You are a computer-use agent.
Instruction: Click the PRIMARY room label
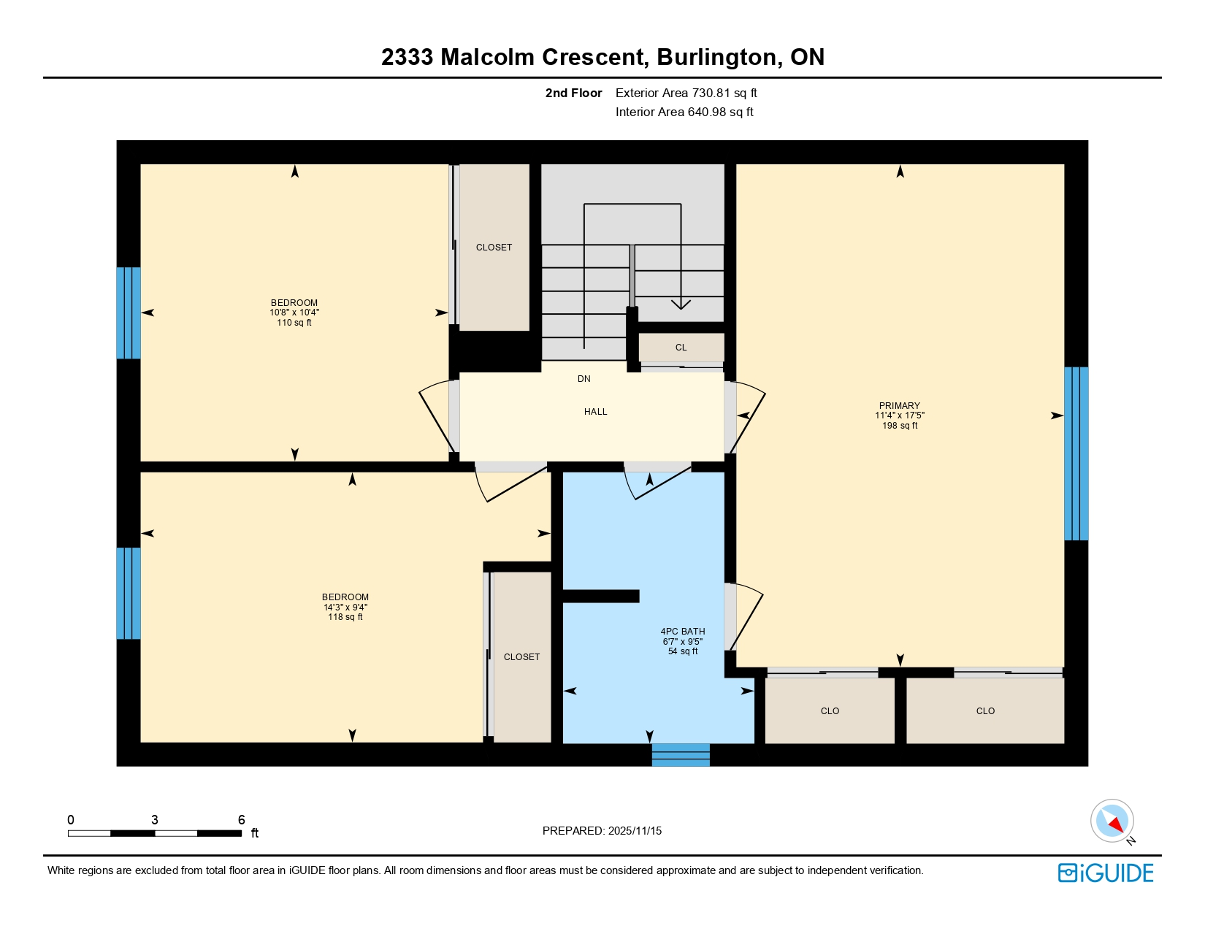tap(899, 405)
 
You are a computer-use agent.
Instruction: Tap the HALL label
tap(595, 412)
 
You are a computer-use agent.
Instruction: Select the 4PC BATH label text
tap(682, 632)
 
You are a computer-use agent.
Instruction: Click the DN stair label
tap(584, 379)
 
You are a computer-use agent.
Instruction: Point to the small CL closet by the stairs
tap(681, 348)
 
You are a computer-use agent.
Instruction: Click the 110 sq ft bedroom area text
tap(294, 323)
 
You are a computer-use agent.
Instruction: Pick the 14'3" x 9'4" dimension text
tap(345, 608)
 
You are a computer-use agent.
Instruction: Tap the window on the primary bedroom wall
tap(1076, 453)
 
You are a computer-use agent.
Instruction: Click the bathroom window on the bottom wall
tap(680, 754)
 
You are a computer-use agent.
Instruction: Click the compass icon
tap(1112, 821)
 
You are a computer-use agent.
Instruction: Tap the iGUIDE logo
tap(1106, 873)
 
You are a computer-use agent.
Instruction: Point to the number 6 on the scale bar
tap(241, 820)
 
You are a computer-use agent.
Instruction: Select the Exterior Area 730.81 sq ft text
tap(686, 93)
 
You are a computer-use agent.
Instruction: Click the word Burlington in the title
tap(716, 57)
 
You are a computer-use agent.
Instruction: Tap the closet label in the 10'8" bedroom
tap(494, 248)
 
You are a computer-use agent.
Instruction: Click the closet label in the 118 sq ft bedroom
tap(521, 657)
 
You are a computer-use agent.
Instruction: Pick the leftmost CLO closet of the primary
tap(830, 711)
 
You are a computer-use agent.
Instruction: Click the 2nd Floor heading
tap(573, 93)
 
